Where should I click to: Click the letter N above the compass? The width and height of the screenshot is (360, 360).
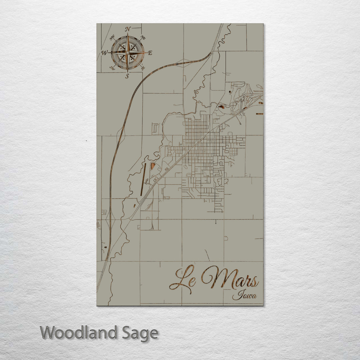[128, 29]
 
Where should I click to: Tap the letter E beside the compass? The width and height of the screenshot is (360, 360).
[150, 53]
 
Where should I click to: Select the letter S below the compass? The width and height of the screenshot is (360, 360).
[127, 76]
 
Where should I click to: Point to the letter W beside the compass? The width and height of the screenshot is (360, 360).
[104, 53]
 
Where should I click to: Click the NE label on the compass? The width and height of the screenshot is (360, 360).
[143, 37]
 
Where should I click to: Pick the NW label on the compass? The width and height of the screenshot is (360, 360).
[112, 37]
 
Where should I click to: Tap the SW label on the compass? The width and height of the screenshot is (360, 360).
[112, 68]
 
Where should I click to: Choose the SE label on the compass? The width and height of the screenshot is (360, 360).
[143, 68]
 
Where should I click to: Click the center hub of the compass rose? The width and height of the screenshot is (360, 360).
[127, 53]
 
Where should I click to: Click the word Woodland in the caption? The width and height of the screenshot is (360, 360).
[78, 333]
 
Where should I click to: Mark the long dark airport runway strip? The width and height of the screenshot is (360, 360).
[143, 179]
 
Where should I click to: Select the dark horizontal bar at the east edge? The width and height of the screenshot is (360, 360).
[259, 114]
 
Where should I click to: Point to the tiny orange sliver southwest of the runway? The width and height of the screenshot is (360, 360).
[134, 206]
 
